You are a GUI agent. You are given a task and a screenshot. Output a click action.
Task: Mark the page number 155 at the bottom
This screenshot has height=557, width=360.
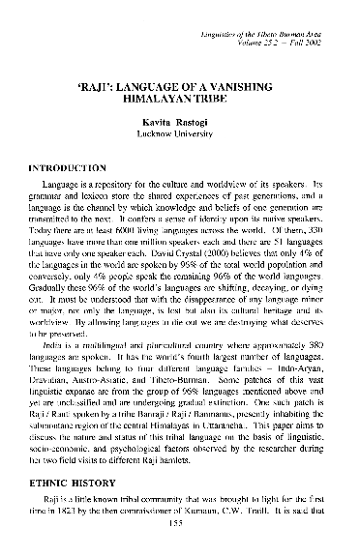tap(180, 539)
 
